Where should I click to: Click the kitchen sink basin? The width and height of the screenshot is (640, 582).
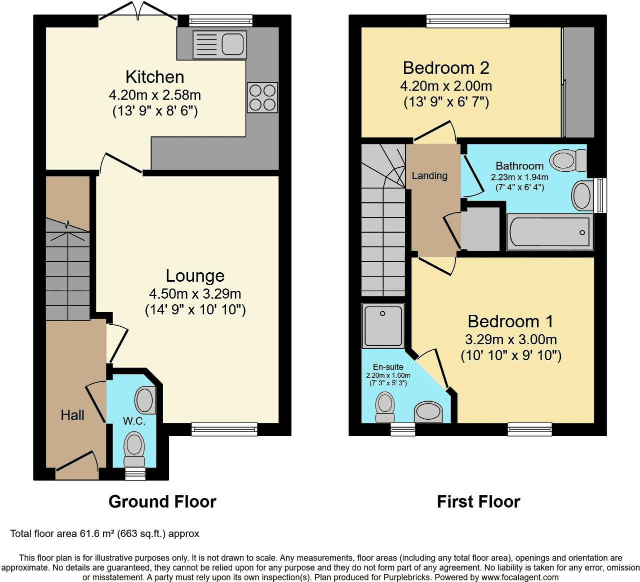point(233,44)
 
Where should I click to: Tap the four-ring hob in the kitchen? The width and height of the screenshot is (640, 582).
point(262,97)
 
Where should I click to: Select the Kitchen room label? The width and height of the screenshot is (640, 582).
point(154,77)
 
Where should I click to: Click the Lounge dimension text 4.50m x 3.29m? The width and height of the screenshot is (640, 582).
point(195,294)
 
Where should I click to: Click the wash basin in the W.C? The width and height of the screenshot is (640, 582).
point(145,400)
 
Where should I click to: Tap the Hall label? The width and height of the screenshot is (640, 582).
point(72,416)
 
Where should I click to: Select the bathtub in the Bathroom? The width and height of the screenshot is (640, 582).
point(550,232)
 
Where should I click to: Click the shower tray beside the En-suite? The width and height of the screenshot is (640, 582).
point(383,326)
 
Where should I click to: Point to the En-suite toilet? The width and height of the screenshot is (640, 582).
point(385,407)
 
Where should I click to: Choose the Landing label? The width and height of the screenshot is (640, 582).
point(429,176)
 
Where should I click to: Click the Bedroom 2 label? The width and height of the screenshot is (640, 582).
point(446,68)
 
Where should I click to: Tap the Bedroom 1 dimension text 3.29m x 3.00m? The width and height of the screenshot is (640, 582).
point(511,339)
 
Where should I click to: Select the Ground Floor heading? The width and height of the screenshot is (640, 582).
point(162,502)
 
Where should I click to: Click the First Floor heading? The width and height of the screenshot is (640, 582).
point(478,502)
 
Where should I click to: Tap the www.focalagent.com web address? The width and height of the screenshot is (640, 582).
point(520,577)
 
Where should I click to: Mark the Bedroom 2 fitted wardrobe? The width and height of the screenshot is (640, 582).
point(578,82)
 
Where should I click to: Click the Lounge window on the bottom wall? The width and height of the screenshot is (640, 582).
point(224,429)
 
